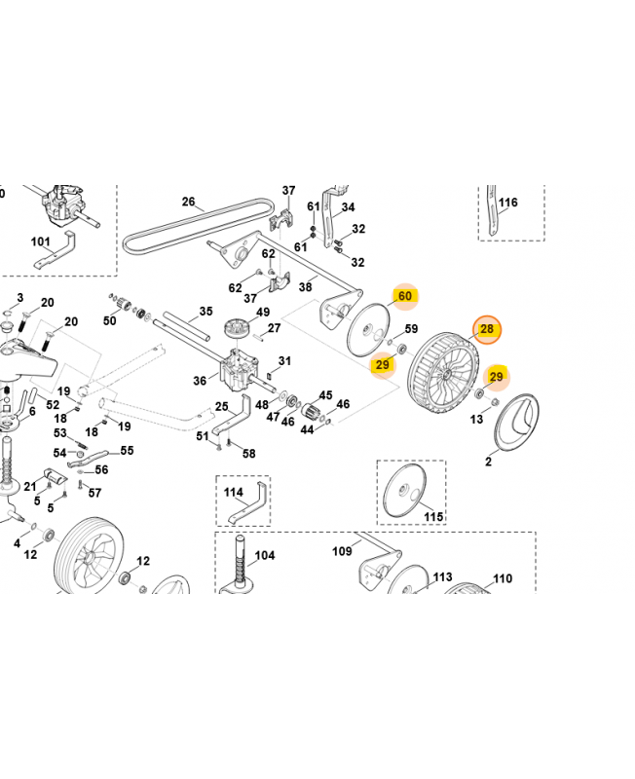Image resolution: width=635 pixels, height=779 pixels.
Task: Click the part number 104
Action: (x=265, y=557)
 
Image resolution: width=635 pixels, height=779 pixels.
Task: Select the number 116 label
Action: (x=508, y=204)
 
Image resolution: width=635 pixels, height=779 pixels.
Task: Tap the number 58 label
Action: (x=248, y=454)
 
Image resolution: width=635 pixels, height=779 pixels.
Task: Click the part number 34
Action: (x=348, y=207)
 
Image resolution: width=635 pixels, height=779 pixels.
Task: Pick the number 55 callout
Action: (x=127, y=452)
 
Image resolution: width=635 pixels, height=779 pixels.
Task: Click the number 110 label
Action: (x=502, y=578)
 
